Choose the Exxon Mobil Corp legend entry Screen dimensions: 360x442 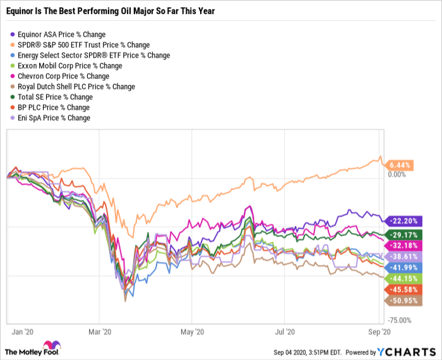coord(69,66)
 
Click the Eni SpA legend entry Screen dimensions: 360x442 coord(54,117)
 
